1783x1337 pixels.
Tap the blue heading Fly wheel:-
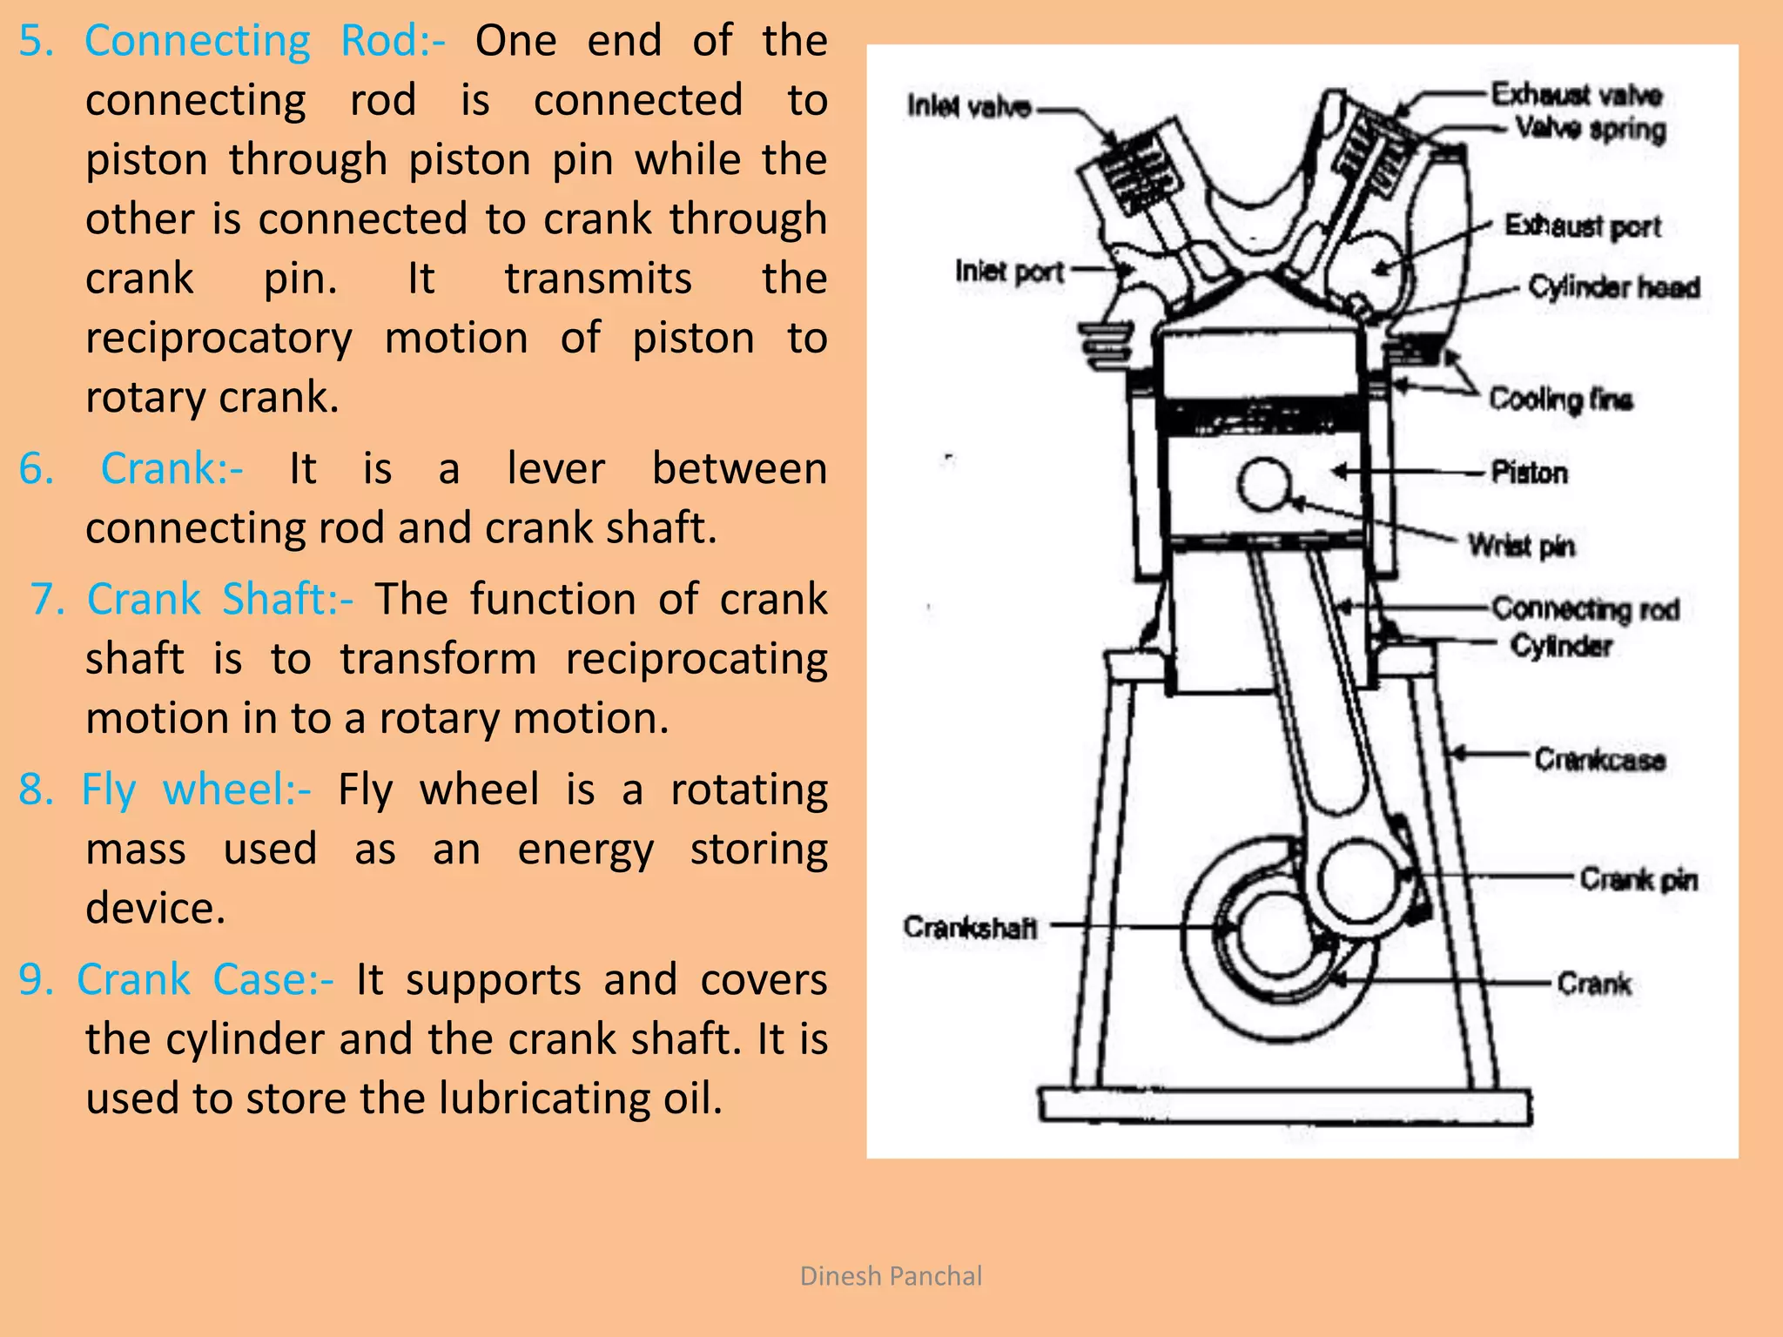[x=196, y=789]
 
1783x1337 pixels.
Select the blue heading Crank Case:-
[x=205, y=979]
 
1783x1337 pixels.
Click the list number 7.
[x=48, y=600]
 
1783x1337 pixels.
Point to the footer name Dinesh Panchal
[x=891, y=1276]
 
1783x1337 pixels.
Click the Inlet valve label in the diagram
[x=968, y=106]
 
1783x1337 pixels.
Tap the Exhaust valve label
[x=1577, y=94]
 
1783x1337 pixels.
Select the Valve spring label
[x=1590, y=129]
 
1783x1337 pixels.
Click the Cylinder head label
[x=1613, y=286]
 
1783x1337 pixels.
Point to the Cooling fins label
[x=1560, y=399]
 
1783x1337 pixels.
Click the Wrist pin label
[x=1521, y=546]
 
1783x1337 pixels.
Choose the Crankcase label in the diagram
[x=1599, y=759]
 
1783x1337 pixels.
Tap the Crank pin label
[x=1638, y=879]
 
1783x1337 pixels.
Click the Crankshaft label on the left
[x=970, y=927]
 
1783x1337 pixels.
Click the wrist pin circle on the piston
[x=1264, y=484]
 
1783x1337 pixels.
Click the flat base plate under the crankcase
[x=1285, y=1106]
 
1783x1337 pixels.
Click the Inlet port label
[x=1009, y=272]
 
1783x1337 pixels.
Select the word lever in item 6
[x=555, y=468]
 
